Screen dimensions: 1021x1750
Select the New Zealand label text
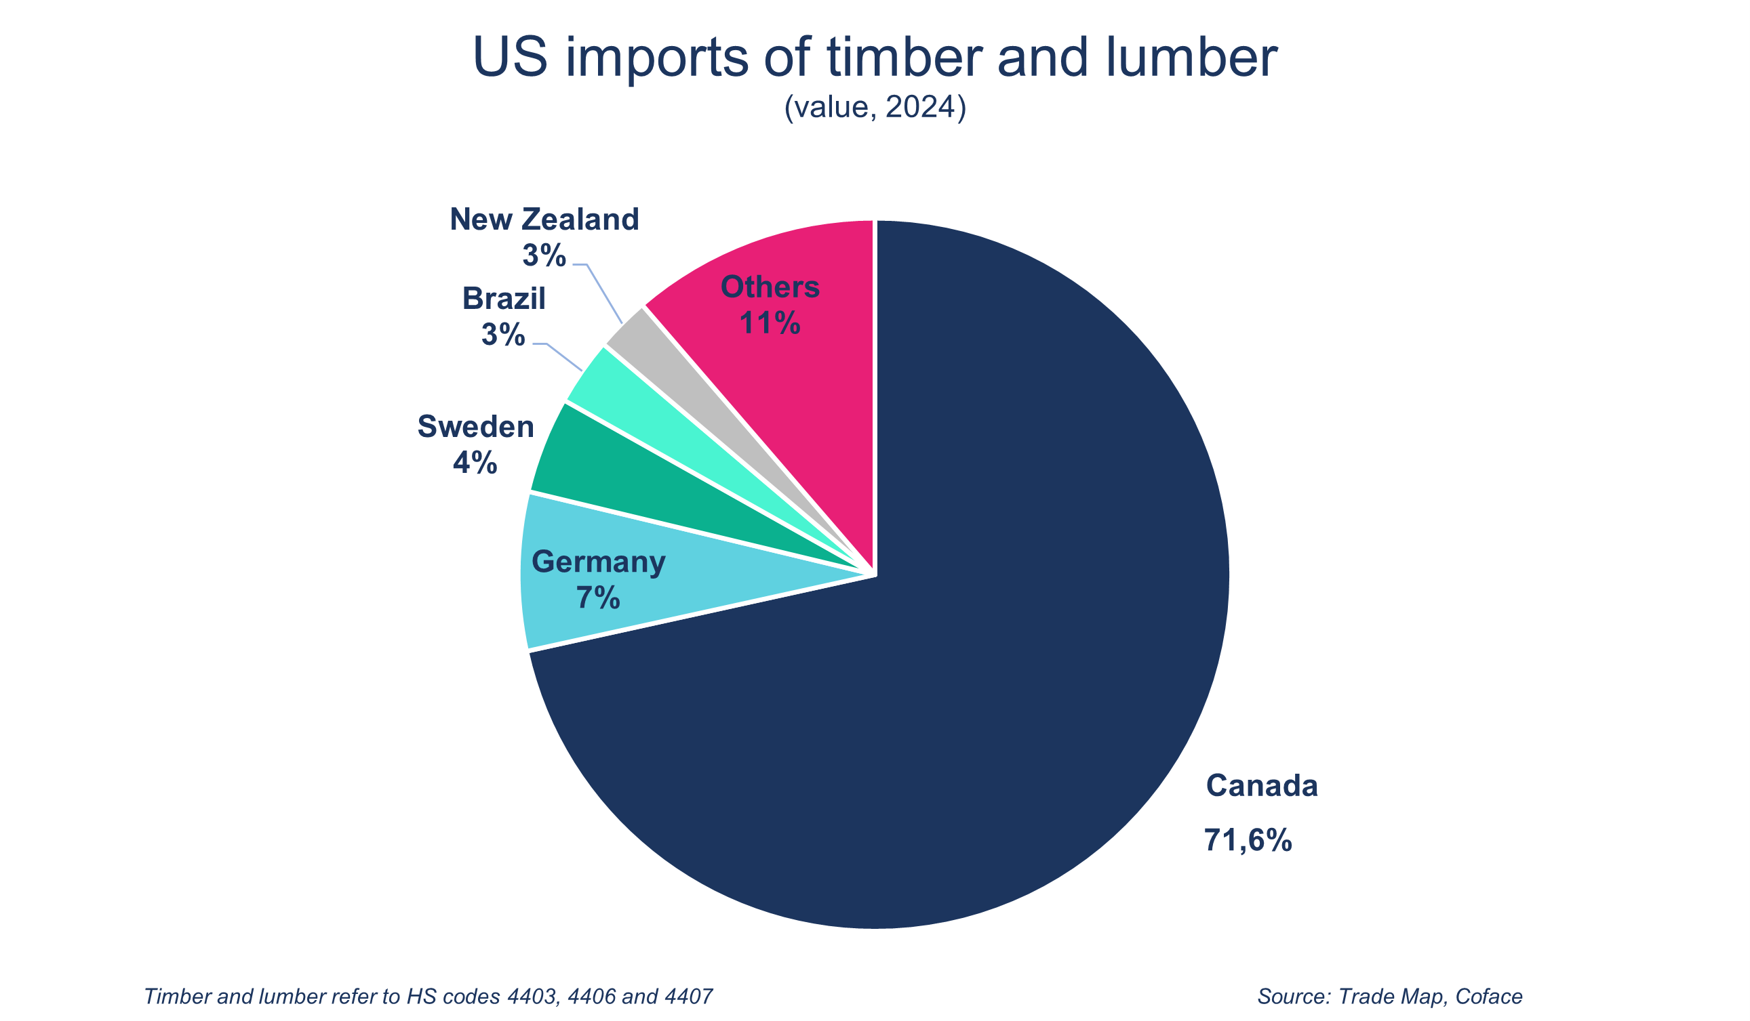click(544, 220)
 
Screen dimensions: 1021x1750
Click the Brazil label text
click(504, 299)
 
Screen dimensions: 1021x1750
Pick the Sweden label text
click(476, 427)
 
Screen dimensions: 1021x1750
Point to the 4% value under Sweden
click(475, 463)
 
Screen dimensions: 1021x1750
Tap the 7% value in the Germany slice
click(598, 598)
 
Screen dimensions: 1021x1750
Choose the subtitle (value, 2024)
click(875, 108)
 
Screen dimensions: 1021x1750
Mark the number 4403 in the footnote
click(533, 997)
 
